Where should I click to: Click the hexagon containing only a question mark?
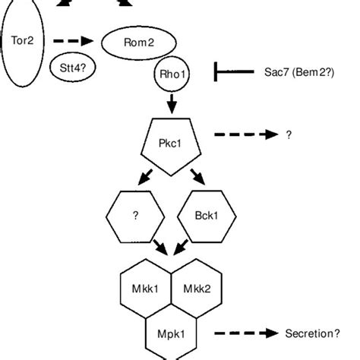pos(135,216)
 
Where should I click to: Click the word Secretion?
pos(312,333)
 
